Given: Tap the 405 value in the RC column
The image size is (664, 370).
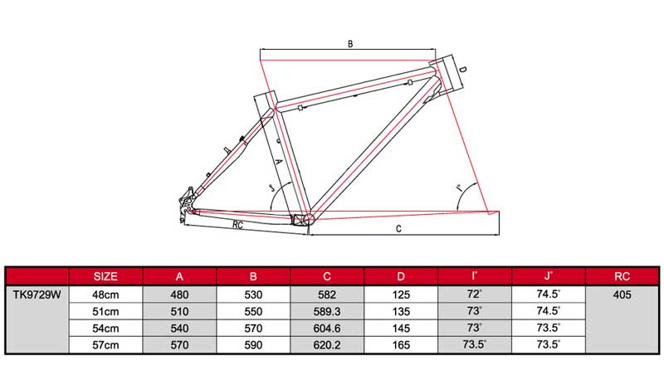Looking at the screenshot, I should (622, 295).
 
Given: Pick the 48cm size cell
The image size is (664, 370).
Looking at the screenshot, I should (105, 295).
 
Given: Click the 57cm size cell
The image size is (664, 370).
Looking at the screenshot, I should (105, 344).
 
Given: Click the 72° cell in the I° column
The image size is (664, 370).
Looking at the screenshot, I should (475, 295).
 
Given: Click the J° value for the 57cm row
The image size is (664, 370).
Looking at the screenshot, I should (549, 344).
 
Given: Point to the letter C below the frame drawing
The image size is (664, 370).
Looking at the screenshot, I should (398, 226).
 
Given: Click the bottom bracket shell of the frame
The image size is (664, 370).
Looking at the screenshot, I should (304, 217).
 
